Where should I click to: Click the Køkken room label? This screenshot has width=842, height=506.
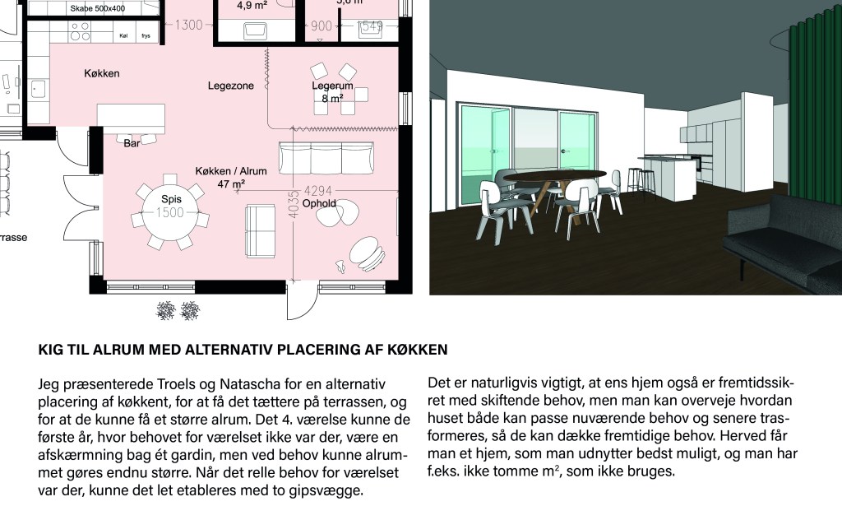click(x=101, y=73)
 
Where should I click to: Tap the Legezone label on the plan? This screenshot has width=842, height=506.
click(x=231, y=86)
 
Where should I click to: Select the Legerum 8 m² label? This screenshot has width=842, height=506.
click(x=332, y=92)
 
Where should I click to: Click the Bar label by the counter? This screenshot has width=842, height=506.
click(x=132, y=143)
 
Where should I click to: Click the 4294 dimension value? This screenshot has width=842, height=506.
click(x=318, y=191)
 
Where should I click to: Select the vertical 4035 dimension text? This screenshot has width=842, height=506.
click(x=294, y=205)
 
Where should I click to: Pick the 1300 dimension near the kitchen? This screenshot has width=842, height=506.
click(x=188, y=25)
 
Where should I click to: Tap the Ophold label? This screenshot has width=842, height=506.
click(x=319, y=203)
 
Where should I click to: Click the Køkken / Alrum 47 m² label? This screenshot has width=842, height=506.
click(x=231, y=177)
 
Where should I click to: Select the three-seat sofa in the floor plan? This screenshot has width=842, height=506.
click(x=326, y=158)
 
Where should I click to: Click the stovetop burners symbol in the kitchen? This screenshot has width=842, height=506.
click(x=81, y=31)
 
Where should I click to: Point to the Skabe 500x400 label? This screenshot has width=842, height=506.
click(x=98, y=8)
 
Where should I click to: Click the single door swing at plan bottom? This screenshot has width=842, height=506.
click(x=302, y=301)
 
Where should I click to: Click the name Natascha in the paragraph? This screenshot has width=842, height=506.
click(x=245, y=384)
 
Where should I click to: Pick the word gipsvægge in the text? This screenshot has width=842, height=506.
click(x=334, y=490)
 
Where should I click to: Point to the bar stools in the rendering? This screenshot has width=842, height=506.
click(x=641, y=183)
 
